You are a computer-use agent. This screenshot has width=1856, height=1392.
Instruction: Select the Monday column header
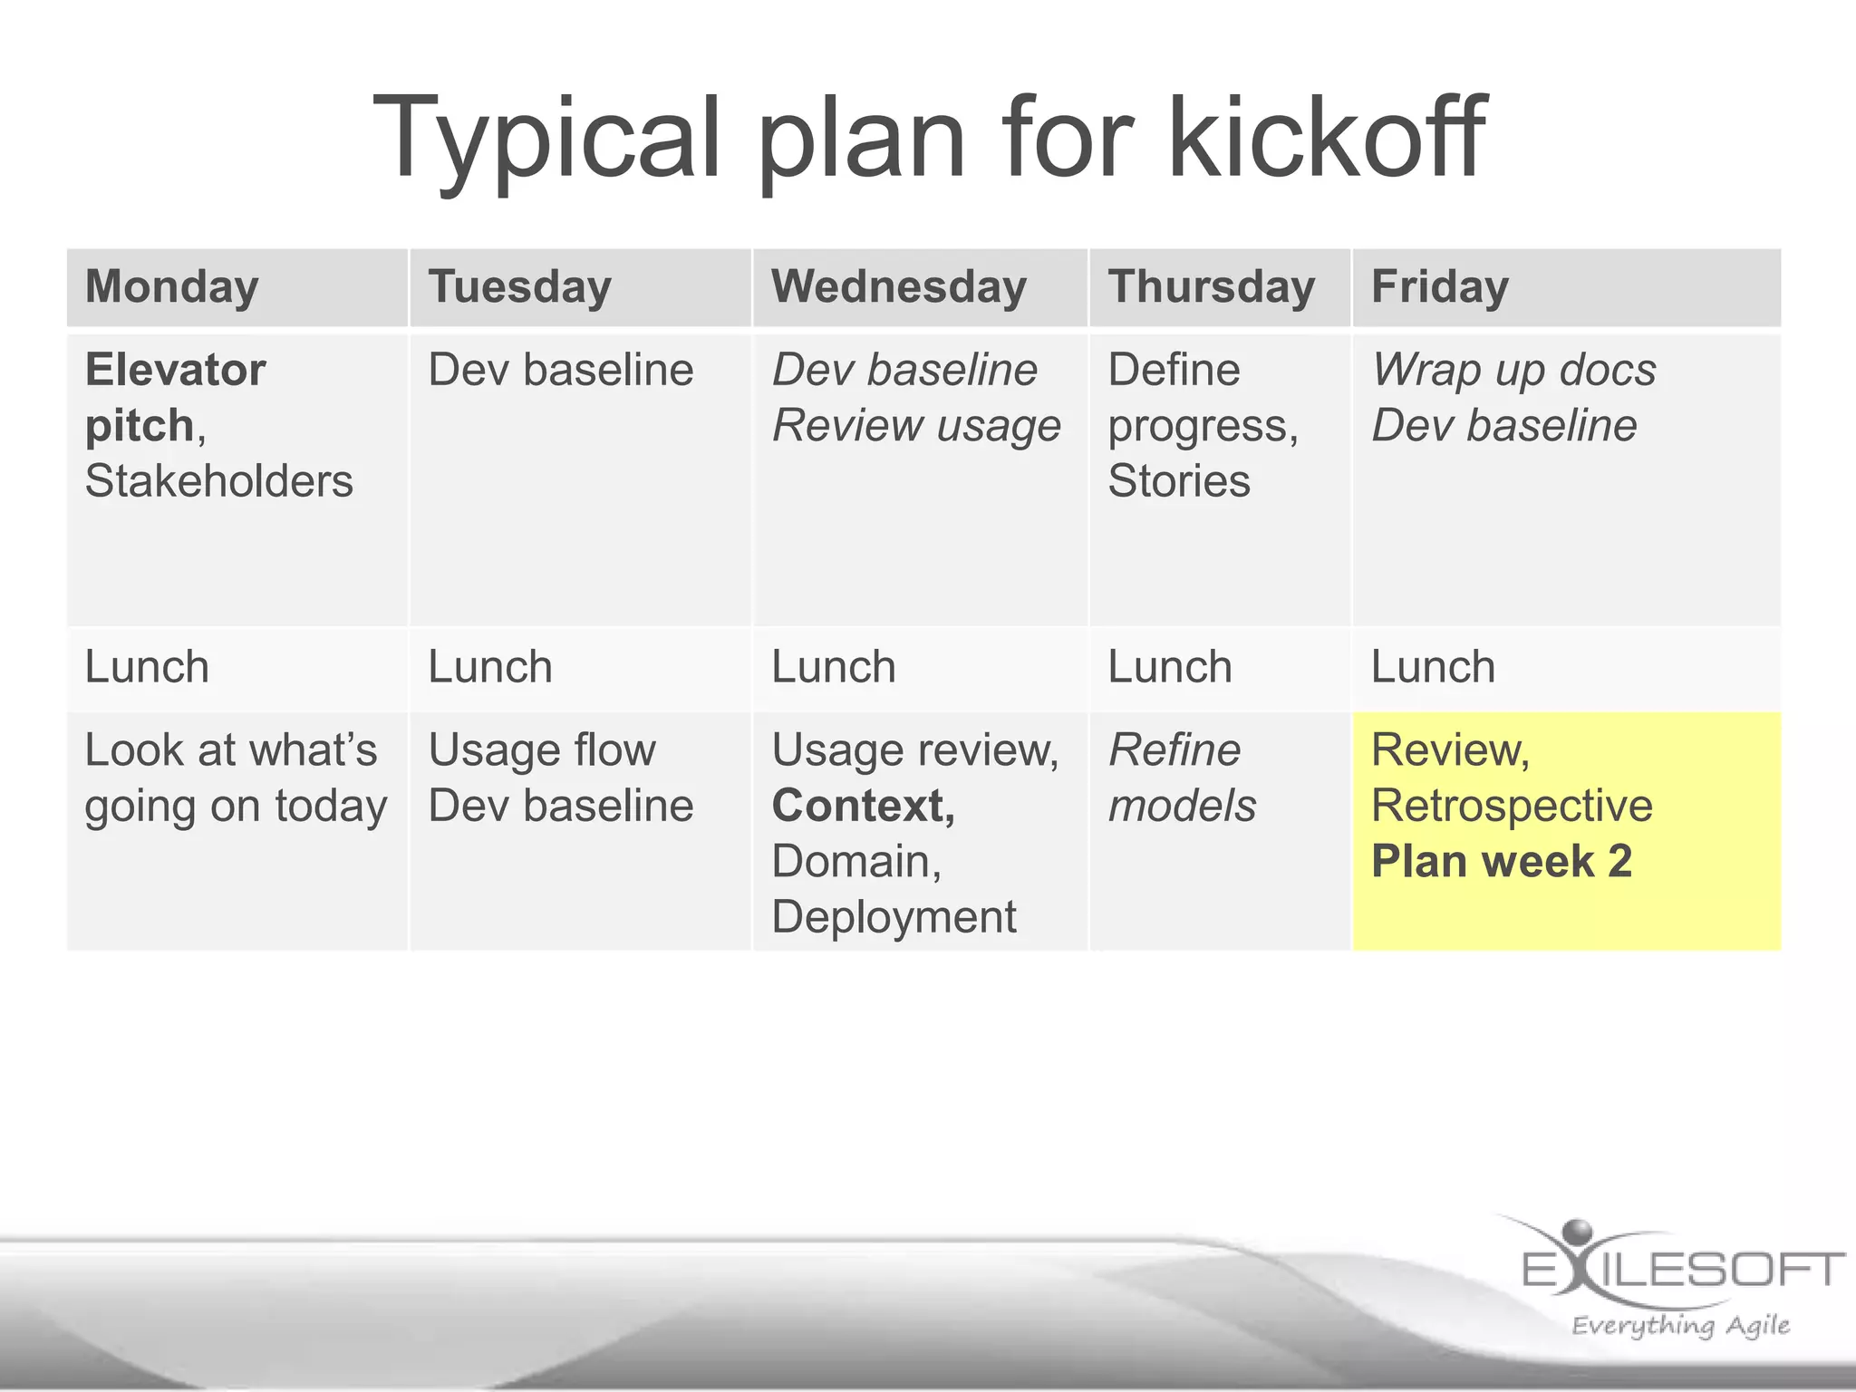(172, 286)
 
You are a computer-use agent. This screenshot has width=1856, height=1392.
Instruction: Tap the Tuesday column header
(519, 286)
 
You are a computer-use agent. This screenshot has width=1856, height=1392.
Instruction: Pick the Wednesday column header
(899, 286)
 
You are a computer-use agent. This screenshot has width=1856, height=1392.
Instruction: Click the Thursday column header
(1211, 286)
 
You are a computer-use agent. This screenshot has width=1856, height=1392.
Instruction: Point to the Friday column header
(1439, 286)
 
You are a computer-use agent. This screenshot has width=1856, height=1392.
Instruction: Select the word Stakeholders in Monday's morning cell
(218, 480)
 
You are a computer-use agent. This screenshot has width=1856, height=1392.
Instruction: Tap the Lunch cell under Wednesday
(834, 667)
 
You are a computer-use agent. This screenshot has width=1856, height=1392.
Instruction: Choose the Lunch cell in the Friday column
(1433, 667)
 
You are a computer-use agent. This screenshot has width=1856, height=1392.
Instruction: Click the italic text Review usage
(915, 425)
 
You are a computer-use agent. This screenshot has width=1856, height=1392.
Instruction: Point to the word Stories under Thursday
(1178, 480)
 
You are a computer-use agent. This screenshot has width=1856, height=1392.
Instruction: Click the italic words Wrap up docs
(1513, 370)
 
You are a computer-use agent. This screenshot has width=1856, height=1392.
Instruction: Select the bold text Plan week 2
(1501, 861)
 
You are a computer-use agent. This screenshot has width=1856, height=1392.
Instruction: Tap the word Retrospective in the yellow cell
(1512, 806)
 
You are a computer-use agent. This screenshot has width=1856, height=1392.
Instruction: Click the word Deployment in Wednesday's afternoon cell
(894, 916)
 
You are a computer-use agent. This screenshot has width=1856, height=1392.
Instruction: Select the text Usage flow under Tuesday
(541, 750)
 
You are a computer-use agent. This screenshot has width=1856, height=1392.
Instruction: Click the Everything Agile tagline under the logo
(1680, 1325)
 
